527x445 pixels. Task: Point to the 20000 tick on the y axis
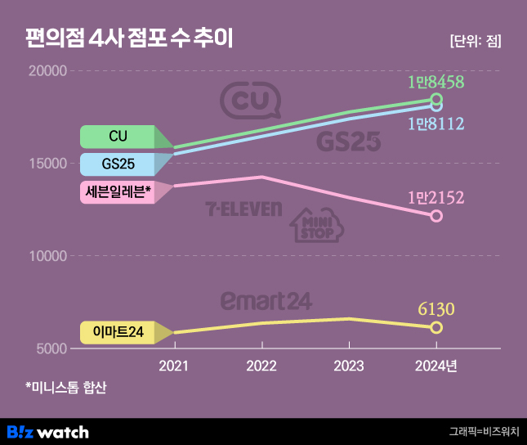47,71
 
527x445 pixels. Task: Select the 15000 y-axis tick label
47,164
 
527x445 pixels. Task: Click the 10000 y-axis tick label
47,256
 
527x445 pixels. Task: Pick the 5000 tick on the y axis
50,348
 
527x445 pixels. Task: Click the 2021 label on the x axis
174,366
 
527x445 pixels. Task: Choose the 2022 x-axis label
261,366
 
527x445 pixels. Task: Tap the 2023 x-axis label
349,366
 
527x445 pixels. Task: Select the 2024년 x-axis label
437,366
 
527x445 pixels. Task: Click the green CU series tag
118,136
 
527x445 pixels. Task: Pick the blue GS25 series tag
118,164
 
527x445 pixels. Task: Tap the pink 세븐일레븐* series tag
118,192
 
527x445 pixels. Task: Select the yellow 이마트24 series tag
118,332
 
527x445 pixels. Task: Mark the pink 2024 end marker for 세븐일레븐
436,216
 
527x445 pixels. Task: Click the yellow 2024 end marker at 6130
436,327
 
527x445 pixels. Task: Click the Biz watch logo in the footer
47,431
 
